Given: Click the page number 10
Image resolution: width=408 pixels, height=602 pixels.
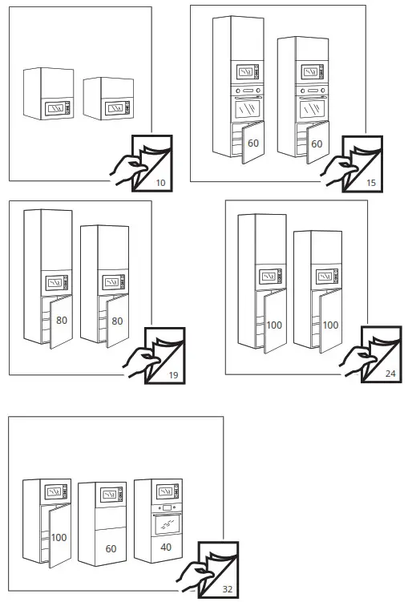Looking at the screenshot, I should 160,184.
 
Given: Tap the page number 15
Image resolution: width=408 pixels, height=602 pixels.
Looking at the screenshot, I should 371,184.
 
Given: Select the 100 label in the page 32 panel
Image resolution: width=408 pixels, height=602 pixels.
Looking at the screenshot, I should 59,537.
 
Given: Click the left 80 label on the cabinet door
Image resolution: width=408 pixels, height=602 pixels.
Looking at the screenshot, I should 62,321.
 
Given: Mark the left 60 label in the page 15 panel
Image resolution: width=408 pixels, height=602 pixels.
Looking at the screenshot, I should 252,144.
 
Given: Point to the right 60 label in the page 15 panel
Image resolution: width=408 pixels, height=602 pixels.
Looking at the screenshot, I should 316,144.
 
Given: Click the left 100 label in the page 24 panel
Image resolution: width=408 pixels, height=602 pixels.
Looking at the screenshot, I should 274,325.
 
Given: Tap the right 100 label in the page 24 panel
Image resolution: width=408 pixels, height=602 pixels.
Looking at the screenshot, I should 329,325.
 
